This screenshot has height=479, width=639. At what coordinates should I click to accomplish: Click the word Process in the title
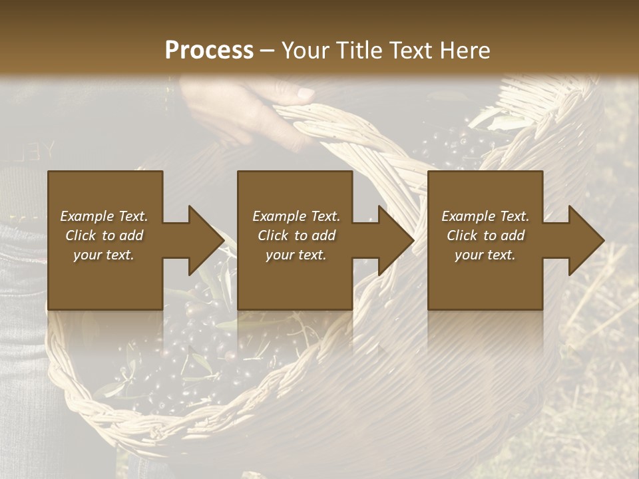(209, 50)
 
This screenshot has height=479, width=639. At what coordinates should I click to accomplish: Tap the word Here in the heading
(464, 50)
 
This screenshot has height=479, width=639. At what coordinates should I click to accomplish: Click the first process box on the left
(105, 240)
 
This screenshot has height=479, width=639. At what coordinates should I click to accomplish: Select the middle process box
(295, 240)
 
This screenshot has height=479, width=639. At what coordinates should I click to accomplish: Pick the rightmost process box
(485, 240)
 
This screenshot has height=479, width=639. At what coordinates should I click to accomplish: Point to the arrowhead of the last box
(585, 240)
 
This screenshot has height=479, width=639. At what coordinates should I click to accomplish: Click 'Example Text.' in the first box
(104, 216)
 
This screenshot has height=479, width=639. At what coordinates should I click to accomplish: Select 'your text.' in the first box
(104, 255)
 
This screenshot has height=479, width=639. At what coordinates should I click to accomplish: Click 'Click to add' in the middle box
(296, 236)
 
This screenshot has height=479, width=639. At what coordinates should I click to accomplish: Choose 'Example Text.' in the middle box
(296, 216)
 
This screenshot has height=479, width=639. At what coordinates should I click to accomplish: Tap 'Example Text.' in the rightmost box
(485, 216)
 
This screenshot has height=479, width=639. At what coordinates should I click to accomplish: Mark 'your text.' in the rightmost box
(485, 255)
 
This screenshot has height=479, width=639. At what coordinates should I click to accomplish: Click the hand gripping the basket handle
(253, 110)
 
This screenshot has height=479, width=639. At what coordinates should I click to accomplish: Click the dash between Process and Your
(267, 50)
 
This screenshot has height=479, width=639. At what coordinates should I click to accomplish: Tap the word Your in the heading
(304, 50)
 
